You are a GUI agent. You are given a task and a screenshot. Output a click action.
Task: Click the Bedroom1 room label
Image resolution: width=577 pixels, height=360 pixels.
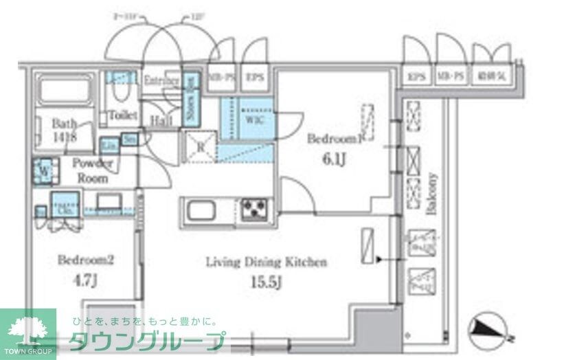click(335, 138)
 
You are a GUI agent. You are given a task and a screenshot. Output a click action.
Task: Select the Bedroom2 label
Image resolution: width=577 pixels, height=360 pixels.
click(85, 260)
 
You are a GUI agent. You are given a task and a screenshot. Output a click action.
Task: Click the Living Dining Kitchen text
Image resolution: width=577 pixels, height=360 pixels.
click(267, 262)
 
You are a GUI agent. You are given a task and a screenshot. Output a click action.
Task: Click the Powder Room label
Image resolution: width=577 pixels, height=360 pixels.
click(92, 170)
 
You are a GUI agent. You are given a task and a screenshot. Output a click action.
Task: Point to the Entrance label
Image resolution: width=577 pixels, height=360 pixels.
click(161, 80)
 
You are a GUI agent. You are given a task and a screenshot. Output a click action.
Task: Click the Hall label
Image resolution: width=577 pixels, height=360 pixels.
click(161, 119)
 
